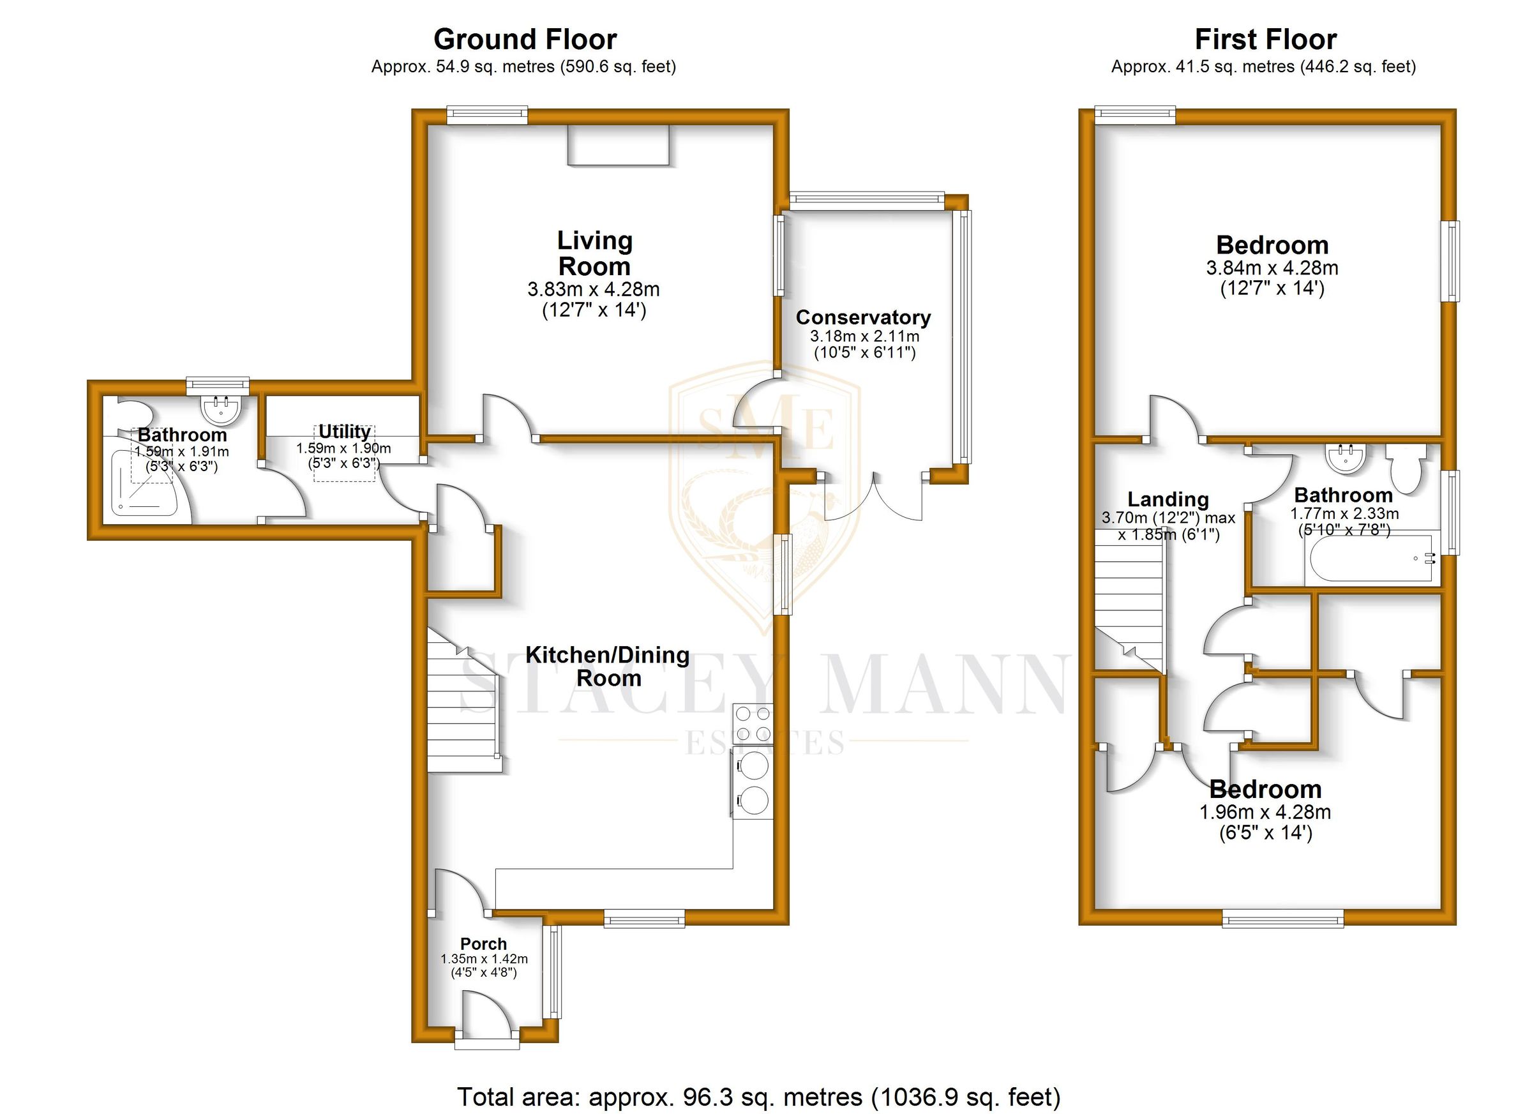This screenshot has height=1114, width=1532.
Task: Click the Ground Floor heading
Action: pyautogui.click(x=525, y=40)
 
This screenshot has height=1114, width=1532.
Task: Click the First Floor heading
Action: pyautogui.click(x=1265, y=40)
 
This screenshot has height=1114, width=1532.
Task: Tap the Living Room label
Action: pyautogui.click(x=594, y=253)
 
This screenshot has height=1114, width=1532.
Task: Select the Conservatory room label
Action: pyautogui.click(x=862, y=317)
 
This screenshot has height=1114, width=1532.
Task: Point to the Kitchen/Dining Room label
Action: pyautogui.click(x=607, y=666)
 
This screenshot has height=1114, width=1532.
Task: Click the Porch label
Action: pyautogui.click(x=483, y=944)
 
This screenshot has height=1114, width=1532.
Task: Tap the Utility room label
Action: pyautogui.click(x=345, y=432)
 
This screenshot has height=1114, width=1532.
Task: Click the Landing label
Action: pyautogui.click(x=1168, y=499)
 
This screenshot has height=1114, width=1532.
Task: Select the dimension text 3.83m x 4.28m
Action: pyautogui.click(x=593, y=290)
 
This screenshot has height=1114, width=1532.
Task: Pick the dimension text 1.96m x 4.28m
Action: pyautogui.click(x=1265, y=812)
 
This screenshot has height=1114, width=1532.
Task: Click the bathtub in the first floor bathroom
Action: pyautogui.click(x=1371, y=560)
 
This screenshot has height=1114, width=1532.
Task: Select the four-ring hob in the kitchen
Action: pyautogui.click(x=753, y=723)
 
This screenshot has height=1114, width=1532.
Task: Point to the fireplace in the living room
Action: pyautogui.click(x=617, y=144)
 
